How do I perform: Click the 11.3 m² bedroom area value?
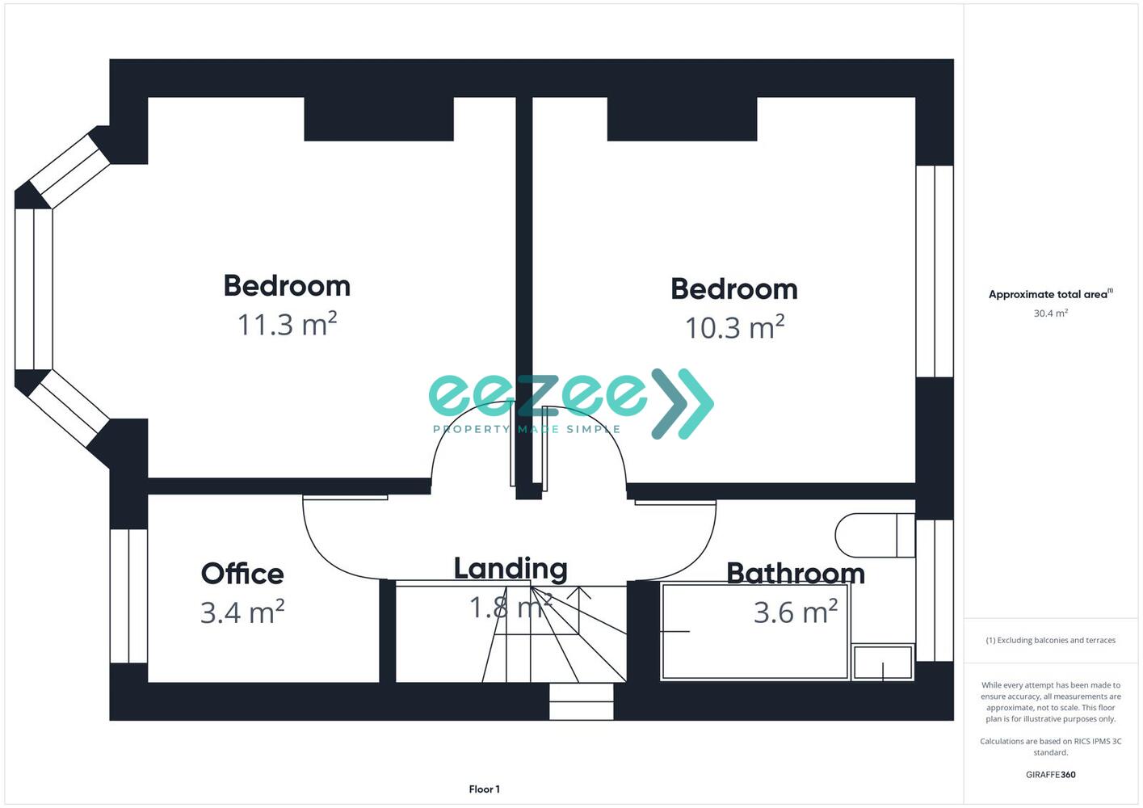tap(288, 324)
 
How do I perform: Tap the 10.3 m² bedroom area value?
tap(734, 327)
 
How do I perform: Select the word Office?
tap(242, 574)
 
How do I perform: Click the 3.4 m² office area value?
tap(242, 612)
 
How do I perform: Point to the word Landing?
tap(511, 569)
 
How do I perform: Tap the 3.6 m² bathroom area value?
tap(796, 612)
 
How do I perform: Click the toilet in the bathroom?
tap(875, 536)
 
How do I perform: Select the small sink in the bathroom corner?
tap(883, 662)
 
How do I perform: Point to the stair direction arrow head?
tap(579, 592)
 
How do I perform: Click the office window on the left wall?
tap(128, 595)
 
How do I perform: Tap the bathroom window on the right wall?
tap(935, 591)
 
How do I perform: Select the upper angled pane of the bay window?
tap(70, 170)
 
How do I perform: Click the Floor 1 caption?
tap(484, 789)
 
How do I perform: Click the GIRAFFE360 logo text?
tap(1051, 774)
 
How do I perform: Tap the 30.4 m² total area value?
tap(1051, 313)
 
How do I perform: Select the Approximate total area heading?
tap(1051, 294)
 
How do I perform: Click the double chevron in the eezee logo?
tap(683, 404)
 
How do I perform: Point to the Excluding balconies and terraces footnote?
tap(1051, 640)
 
